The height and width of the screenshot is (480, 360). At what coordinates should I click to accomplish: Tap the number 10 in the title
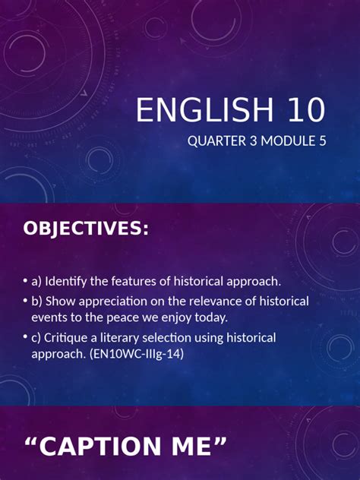(x=304, y=111)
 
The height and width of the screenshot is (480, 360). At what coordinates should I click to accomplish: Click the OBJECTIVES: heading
(x=86, y=228)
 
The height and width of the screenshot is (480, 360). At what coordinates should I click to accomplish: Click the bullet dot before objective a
(x=25, y=283)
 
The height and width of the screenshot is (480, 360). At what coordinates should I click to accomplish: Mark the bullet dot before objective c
(x=25, y=337)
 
